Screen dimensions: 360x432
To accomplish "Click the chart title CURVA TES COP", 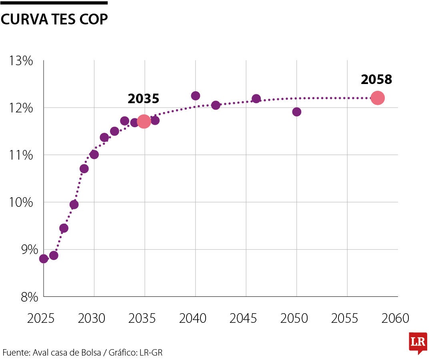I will tap(54, 19).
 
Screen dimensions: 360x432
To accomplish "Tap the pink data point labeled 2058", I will tap(377, 98).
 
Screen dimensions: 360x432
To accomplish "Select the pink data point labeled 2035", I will tap(144, 121).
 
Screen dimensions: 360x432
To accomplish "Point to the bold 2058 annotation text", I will tap(376, 80).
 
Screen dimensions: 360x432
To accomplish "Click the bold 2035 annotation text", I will tap(143, 99).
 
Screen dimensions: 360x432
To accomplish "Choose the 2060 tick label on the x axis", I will tap(395, 318).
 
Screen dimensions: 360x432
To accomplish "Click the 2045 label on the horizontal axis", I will tap(244, 318).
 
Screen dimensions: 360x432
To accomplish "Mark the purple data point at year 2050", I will tap(296, 112).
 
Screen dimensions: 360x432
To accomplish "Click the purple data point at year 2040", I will tap(195, 96).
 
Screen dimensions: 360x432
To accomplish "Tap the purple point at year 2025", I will tap(44, 259).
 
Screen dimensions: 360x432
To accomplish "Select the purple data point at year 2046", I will tap(256, 98).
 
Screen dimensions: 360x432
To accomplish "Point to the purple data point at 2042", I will tap(216, 105).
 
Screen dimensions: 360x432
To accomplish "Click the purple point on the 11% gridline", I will tap(94, 154).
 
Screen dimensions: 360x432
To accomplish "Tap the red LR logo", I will tap(418, 343).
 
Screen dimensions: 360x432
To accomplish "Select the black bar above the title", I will tap(54, 3).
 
